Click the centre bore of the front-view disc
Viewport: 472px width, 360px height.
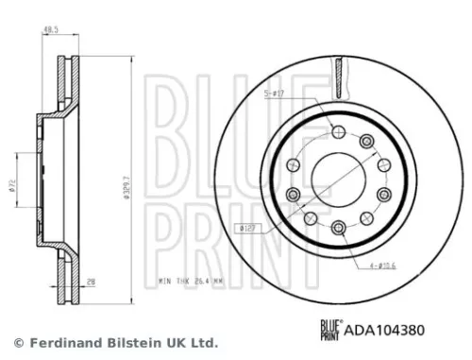tap(337, 178)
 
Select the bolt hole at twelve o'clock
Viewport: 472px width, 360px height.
tap(337, 129)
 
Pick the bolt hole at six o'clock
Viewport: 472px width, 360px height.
tap(337, 226)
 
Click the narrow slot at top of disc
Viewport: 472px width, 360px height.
tap(337, 71)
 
